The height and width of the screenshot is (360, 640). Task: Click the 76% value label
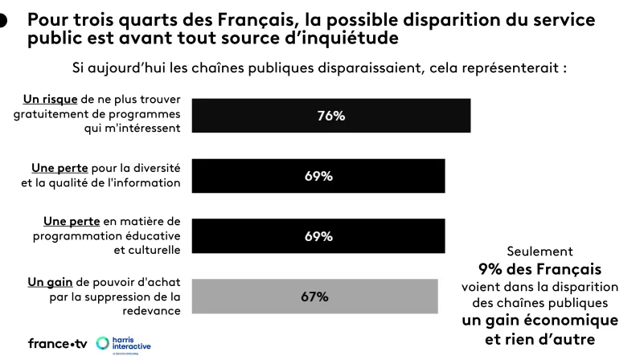[x=330, y=116]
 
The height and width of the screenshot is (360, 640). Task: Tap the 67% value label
[x=314, y=297]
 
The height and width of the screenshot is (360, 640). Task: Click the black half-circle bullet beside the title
[x=2, y=22]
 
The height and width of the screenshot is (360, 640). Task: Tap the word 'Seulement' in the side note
[x=539, y=252]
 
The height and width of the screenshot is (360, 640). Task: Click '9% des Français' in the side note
[x=539, y=268]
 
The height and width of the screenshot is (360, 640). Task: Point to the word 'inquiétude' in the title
[x=357, y=38]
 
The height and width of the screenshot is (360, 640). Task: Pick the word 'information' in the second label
[x=148, y=182]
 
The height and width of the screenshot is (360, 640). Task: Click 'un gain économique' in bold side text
[x=539, y=321]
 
